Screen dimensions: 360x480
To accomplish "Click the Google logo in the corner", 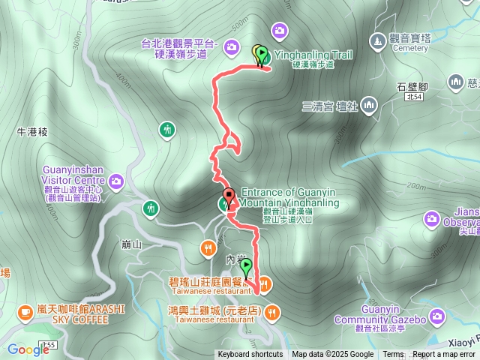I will (28, 349).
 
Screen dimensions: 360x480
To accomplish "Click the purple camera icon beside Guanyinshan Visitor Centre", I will (116, 181).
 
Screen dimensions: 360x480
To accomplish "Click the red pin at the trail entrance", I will (229, 195).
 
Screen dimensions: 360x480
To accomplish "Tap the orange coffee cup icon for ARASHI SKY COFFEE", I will (25, 310).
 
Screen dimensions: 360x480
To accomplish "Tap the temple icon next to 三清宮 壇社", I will (368, 106).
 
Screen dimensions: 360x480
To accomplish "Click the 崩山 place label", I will (130, 244).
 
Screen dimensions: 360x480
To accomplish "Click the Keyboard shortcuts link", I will (250, 354).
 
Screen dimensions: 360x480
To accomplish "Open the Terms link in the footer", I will (393, 354).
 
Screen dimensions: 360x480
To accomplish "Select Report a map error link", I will (444, 354).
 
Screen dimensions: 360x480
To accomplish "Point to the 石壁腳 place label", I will (412, 87).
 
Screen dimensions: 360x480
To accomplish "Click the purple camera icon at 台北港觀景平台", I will (232, 48).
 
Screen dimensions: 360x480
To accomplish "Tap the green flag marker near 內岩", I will (245, 267).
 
